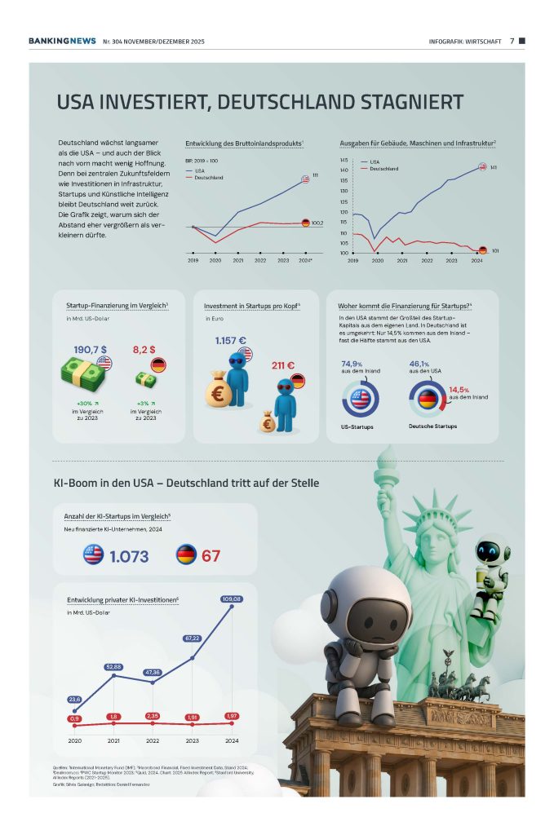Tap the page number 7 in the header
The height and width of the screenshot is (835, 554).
(x=512, y=40)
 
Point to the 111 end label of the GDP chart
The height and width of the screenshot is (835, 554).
(x=315, y=176)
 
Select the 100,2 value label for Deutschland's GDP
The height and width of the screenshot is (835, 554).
(x=317, y=223)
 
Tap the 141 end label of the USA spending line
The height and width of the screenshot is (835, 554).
(x=494, y=167)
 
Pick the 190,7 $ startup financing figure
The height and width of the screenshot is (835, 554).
(x=91, y=348)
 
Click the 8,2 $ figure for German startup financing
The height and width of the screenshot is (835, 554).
(x=144, y=348)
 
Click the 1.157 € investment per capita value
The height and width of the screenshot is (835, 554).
(x=231, y=341)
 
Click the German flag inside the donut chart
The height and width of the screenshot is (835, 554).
(x=427, y=400)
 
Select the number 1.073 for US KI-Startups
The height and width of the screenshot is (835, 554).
(x=129, y=556)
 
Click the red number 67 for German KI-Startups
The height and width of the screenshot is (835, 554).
(x=211, y=556)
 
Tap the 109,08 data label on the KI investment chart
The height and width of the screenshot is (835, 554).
(x=232, y=599)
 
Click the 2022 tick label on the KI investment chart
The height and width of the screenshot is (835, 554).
(x=153, y=740)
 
